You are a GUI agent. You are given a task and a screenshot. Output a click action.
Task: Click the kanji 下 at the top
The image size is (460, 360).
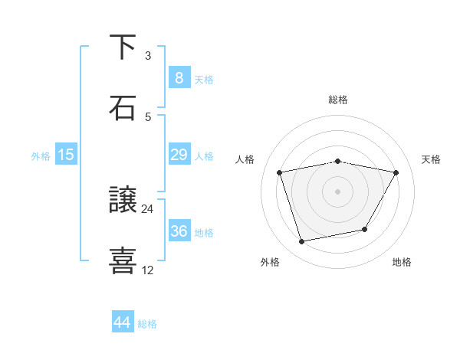[x=123, y=47]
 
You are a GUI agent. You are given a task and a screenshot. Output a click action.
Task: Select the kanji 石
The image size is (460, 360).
[x=123, y=108]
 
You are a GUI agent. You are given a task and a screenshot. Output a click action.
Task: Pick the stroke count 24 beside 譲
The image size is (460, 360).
[x=148, y=208]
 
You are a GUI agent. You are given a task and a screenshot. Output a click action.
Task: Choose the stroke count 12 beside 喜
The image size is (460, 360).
[x=148, y=270]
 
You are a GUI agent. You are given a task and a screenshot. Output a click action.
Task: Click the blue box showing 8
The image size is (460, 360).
[x=179, y=77]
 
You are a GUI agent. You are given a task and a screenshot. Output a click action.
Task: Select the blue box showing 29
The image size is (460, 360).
[x=179, y=155]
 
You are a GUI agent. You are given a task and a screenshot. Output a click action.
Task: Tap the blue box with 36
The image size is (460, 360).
[x=179, y=231]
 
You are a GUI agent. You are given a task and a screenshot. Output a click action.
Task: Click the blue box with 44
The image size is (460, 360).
[x=123, y=322]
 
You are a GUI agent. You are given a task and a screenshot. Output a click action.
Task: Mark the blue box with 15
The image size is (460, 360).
[x=66, y=155]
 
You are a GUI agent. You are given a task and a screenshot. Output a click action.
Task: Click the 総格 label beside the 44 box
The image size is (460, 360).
[x=147, y=324]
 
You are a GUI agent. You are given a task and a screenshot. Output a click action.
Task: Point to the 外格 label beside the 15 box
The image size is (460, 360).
[x=41, y=156]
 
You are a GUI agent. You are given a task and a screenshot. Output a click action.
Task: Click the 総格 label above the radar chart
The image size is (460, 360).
[x=337, y=100]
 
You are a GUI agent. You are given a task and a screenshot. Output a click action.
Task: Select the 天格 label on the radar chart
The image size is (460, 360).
[x=432, y=159]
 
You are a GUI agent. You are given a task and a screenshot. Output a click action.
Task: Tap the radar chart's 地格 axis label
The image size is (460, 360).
[x=402, y=262]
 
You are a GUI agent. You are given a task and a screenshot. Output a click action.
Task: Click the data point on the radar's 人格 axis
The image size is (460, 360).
[x=280, y=172]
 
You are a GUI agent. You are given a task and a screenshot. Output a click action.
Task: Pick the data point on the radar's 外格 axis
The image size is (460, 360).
[x=302, y=241]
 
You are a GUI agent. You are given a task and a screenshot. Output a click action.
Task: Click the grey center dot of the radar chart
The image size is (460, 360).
[x=337, y=191]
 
